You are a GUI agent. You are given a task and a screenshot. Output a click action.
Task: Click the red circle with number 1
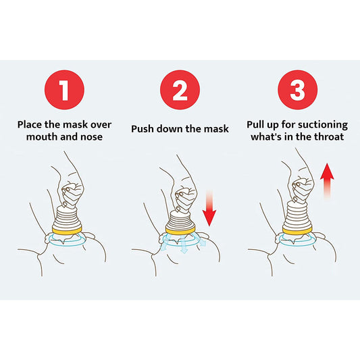click(63, 91)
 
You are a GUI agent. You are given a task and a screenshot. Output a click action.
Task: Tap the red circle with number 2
click(180, 91)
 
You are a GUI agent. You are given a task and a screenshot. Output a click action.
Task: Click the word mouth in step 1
click(43, 136)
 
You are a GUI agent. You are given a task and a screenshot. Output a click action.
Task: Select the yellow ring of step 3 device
click(297, 231)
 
